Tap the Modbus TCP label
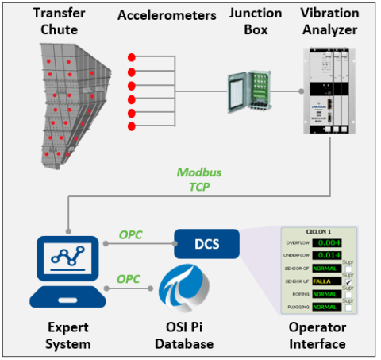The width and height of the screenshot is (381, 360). (x=199, y=180)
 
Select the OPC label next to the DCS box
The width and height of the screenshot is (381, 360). (x=130, y=236)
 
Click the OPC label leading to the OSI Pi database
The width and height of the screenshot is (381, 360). (x=130, y=280)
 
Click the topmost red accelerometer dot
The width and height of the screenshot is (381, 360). (x=131, y=57)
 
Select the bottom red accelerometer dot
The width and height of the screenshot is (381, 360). (x=131, y=126)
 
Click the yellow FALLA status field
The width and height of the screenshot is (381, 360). (x=325, y=281)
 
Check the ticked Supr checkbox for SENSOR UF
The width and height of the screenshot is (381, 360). (x=348, y=281)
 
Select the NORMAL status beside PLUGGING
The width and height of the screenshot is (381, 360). (x=325, y=306)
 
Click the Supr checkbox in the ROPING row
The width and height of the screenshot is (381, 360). (x=348, y=293)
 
